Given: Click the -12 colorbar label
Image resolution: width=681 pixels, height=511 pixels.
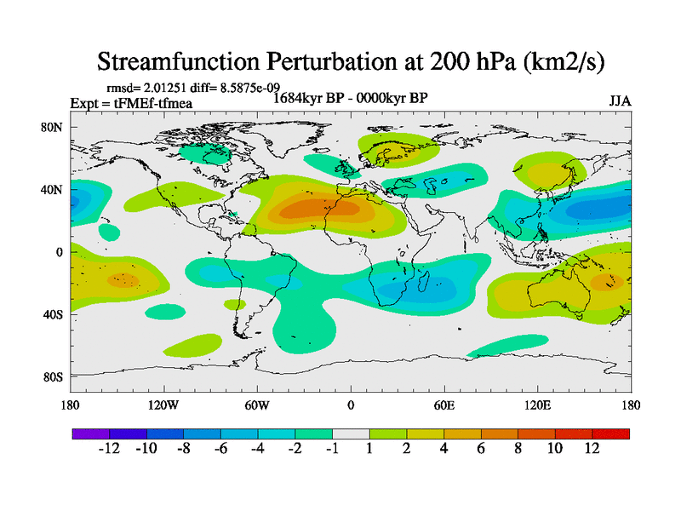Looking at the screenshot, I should [x=110, y=449].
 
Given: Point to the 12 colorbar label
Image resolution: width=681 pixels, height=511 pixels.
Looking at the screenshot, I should [x=592, y=449].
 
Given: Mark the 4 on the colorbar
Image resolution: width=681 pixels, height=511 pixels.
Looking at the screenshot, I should [x=444, y=449].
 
